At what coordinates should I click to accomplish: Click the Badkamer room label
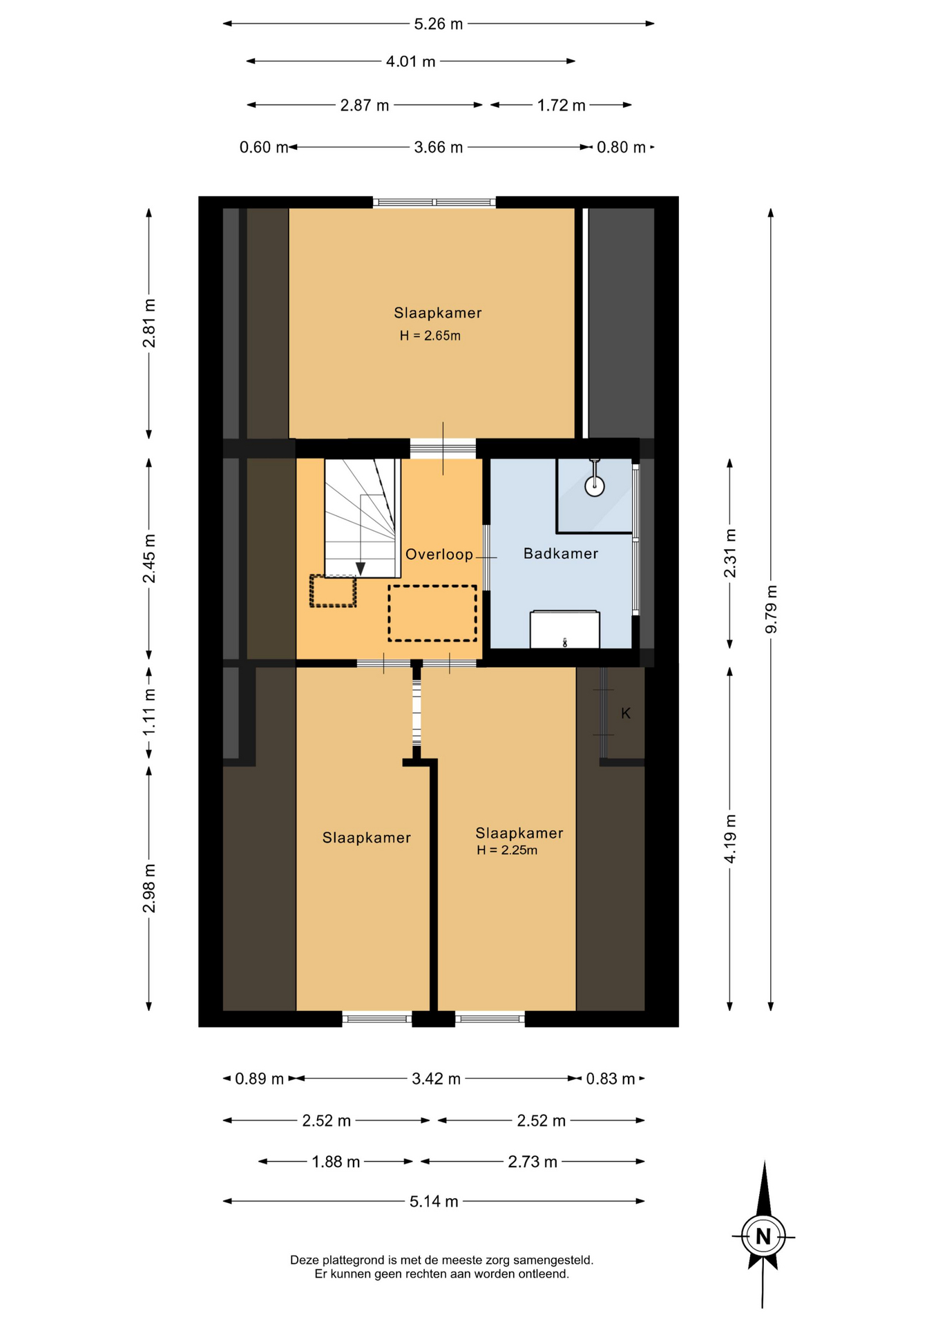coord(560,553)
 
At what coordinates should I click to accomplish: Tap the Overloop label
coord(439,554)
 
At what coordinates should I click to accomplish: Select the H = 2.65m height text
coord(430,336)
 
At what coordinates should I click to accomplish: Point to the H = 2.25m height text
coord(506,850)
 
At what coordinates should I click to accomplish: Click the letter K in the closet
coord(626,713)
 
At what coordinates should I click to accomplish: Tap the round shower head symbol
coord(595,486)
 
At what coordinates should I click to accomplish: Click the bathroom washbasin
coord(564,629)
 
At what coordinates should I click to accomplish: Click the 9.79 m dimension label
coord(771,608)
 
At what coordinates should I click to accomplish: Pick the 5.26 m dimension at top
coord(438,24)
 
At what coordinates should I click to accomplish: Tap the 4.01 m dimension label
coord(410,61)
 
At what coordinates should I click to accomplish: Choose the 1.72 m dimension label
coord(561,105)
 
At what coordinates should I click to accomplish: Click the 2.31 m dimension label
coord(729,554)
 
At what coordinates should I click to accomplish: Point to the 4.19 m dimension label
coord(729,838)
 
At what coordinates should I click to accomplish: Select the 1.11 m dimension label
coord(149,712)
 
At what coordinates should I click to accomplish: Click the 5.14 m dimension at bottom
coord(434,1202)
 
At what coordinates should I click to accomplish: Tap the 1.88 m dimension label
coord(336,1162)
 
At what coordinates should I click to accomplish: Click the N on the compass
coord(763,1236)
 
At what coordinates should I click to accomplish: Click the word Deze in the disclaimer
coord(304,1260)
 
